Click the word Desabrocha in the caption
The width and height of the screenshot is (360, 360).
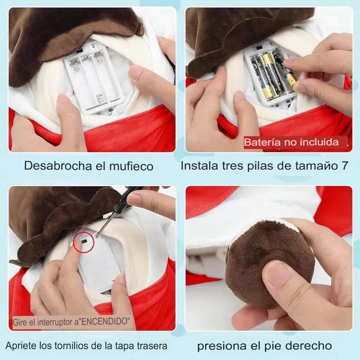point(58,166)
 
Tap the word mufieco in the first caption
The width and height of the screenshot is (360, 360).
point(131,166)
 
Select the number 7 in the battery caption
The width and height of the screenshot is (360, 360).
point(344,166)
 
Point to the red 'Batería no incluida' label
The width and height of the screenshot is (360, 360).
point(295,142)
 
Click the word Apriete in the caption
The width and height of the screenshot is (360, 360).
point(21,346)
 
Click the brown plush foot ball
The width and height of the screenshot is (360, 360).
point(270,262)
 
